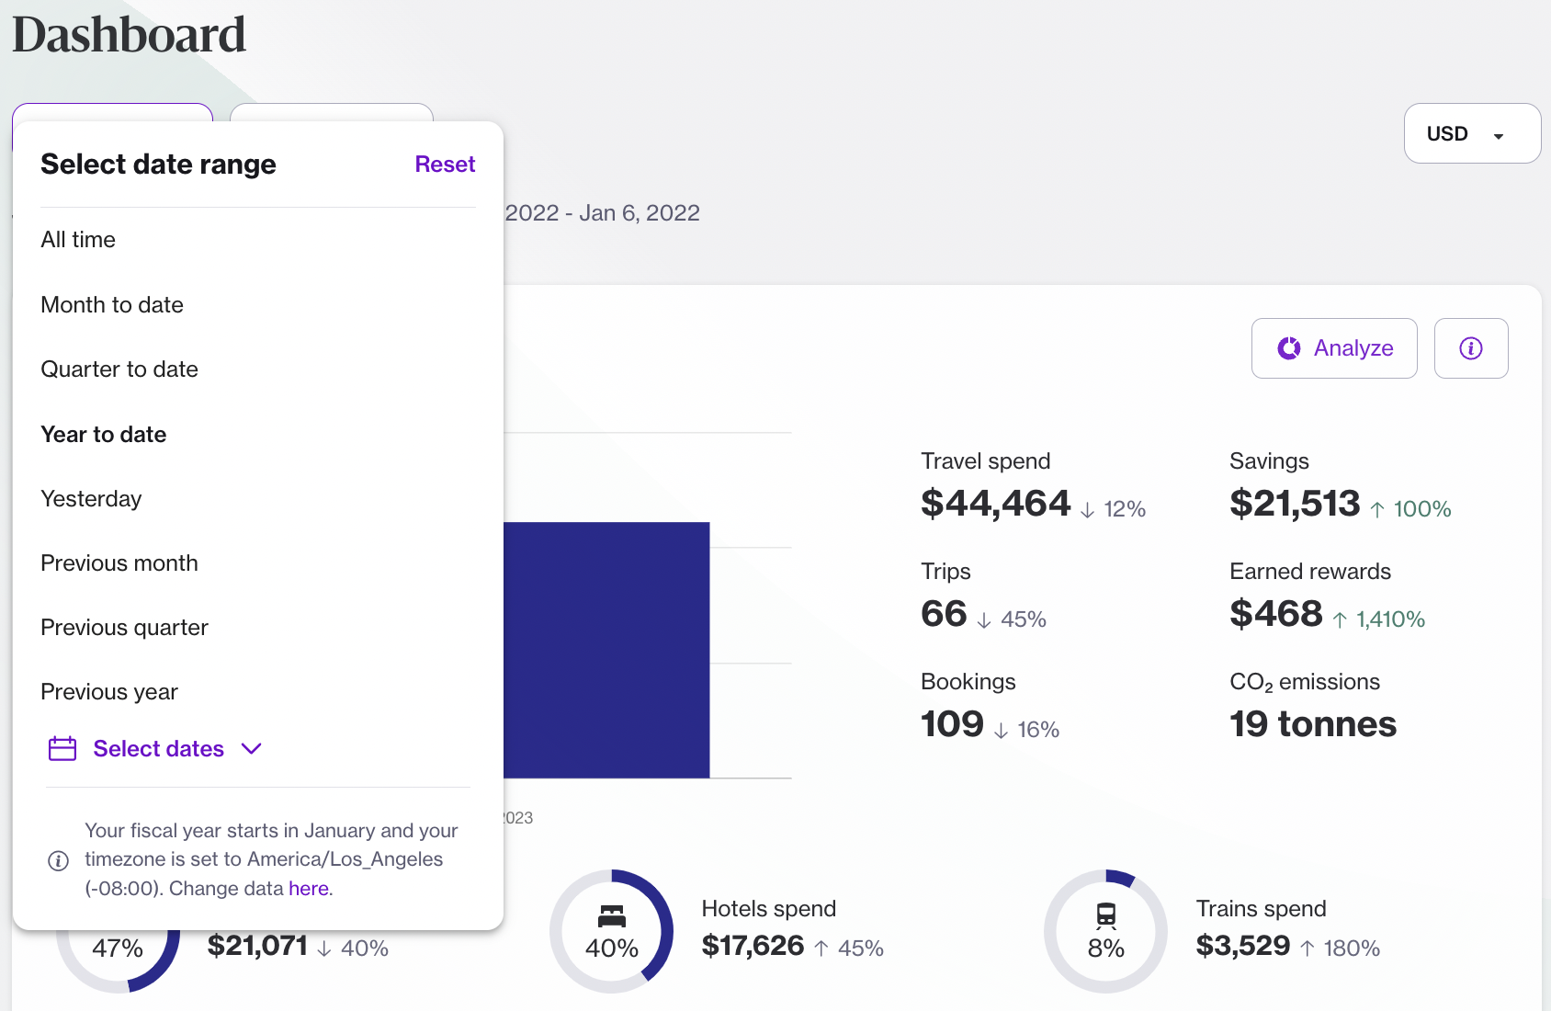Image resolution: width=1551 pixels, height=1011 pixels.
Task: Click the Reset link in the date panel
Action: point(445,165)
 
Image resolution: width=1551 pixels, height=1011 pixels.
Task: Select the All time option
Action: point(78,240)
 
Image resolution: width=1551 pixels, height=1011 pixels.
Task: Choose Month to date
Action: point(112,305)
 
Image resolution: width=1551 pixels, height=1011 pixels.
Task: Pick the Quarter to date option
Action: point(119,369)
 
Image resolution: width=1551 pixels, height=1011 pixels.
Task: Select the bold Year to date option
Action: point(104,435)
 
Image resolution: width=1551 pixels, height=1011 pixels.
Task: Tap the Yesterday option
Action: point(91,499)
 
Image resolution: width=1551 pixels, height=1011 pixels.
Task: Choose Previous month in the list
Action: point(119,563)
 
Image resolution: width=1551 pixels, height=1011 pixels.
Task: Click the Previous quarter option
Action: point(125,628)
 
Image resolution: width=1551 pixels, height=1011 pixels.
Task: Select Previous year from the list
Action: point(109,692)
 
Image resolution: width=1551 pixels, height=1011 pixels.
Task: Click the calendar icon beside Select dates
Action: point(62,749)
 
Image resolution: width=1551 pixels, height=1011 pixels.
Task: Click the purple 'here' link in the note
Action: point(309,889)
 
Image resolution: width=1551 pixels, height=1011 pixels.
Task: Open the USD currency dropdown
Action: point(1472,134)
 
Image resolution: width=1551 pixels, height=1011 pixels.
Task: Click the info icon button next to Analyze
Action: point(1471,348)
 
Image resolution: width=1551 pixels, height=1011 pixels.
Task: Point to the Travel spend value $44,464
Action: point(996,504)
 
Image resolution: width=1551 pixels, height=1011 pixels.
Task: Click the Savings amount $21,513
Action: point(1295,504)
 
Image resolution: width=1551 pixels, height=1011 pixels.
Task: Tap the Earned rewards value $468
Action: point(1276,614)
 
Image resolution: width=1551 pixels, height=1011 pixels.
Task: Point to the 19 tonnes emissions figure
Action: point(1313,724)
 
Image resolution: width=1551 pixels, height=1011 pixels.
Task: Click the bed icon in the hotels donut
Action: point(612,915)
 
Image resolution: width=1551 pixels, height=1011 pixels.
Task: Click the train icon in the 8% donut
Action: point(1106,915)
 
